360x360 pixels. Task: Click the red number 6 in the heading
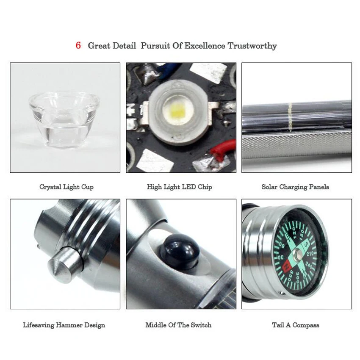(x=78, y=46)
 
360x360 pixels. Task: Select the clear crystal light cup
(x=64, y=118)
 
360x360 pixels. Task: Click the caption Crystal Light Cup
(x=66, y=187)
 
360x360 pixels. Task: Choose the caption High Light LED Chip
(x=180, y=187)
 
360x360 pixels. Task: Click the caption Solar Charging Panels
(x=295, y=187)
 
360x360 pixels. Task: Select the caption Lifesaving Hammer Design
(x=64, y=325)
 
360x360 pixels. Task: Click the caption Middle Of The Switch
(x=178, y=325)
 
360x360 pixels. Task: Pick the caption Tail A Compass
(x=296, y=325)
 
